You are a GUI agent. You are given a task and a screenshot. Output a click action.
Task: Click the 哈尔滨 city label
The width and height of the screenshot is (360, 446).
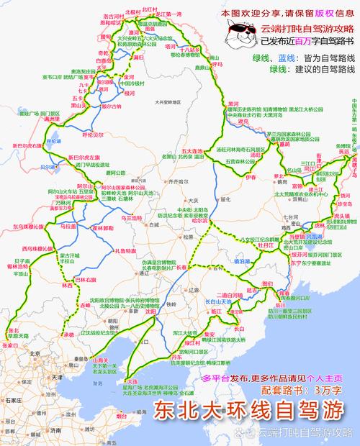(x=199, y=221)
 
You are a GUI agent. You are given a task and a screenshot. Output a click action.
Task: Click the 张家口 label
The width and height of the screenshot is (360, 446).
(x=9, y=345)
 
